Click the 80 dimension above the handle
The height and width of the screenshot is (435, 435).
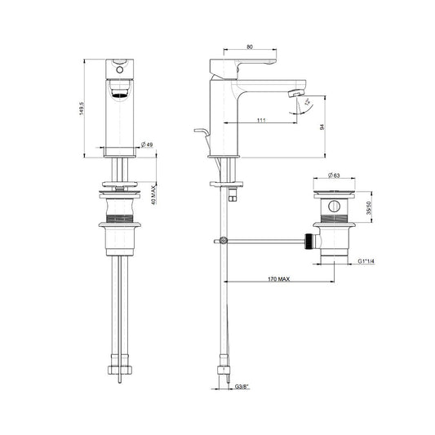[250, 47]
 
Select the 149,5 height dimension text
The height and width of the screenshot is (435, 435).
[82, 109]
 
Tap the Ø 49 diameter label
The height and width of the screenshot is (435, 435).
[147, 144]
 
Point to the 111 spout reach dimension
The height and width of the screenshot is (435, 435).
[261, 120]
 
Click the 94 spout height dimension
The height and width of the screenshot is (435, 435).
[322, 127]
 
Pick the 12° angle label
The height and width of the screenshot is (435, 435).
[308, 102]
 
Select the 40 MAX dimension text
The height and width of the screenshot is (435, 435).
[153, 195]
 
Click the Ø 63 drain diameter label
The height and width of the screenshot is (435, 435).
[334, 175]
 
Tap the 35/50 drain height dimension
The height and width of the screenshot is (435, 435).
[368, 208]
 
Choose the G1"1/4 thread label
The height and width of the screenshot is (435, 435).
[366, 261]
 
